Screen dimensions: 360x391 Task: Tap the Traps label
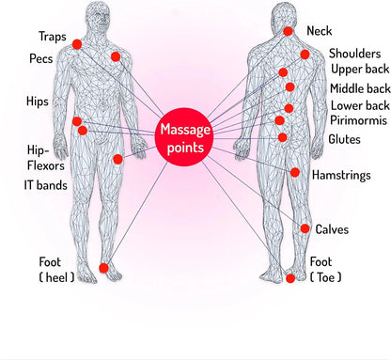point(52,37)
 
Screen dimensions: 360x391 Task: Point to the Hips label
point(39,101)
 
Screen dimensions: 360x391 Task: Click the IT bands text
point(44,186)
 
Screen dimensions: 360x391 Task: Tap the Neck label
point(320,31)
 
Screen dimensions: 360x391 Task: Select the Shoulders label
point(354,53)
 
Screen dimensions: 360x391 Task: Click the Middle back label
point(357,88)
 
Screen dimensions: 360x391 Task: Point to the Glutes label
point(344,139)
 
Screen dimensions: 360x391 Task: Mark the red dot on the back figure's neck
point(289,31)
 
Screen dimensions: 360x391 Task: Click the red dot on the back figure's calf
point(305,228)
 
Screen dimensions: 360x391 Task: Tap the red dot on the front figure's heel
point(103,268)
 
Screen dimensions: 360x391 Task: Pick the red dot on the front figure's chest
point(116,56)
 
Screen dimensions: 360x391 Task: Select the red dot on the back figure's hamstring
point(295,173)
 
